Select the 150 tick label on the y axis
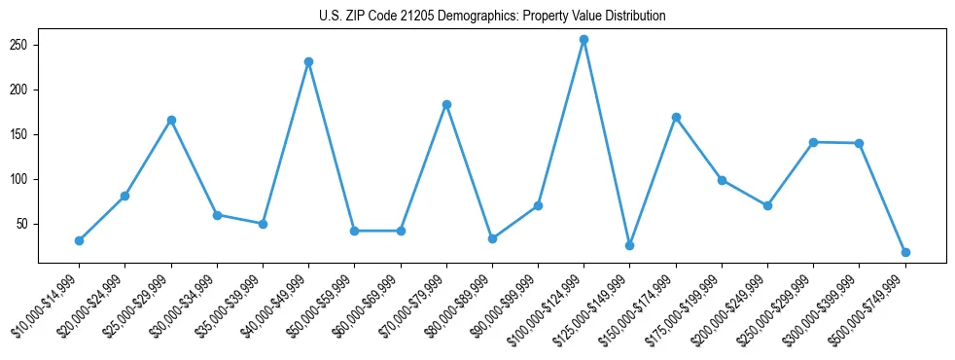22,134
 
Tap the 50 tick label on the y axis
25,224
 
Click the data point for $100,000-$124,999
584,40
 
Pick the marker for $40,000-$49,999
308,61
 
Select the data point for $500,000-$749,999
905,252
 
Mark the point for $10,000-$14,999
79,240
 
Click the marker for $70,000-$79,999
446,104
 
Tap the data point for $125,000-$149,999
629,245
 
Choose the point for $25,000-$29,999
171,120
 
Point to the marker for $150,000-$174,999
676,117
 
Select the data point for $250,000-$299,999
813,142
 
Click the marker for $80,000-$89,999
492,238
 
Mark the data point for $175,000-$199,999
722,180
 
